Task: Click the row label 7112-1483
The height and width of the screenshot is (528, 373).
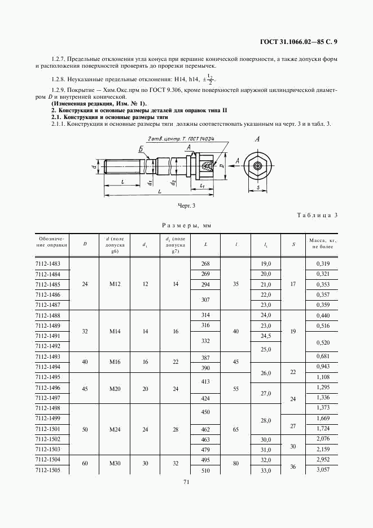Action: tap(47, 263)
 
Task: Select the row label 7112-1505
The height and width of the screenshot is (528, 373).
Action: tap(47, 470)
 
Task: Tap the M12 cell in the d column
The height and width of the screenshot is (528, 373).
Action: tap(115, 284)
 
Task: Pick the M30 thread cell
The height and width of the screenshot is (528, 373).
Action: tap(115, 463)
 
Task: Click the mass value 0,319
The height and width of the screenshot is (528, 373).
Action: tap(323, 263)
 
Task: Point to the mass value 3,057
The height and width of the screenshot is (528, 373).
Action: tap(323, 470)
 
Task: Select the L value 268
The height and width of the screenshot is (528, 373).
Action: tap(205, 263)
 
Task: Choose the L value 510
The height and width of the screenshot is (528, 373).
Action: tap(205, 470)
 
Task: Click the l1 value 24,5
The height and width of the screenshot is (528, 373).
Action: tap(266, 336)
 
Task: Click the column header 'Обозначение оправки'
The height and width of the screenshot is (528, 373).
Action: tap(51, 242)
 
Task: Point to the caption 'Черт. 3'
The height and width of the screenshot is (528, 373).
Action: tap(186, 206)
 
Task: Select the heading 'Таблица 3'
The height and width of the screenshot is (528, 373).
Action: tap(317, 216)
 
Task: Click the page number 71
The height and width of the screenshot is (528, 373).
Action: tap(186, 482)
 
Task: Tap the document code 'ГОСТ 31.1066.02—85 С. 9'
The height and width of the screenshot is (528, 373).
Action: tap(299, 42)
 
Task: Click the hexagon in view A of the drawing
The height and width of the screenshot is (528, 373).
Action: tap(258, 165)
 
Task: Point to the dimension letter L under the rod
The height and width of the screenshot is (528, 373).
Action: tap(159, 191)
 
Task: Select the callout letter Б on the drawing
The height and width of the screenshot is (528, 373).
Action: tap(140, 148)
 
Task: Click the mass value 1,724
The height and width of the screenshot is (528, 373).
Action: tap(323, 429)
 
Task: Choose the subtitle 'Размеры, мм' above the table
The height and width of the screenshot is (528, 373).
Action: tap(186, 226)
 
